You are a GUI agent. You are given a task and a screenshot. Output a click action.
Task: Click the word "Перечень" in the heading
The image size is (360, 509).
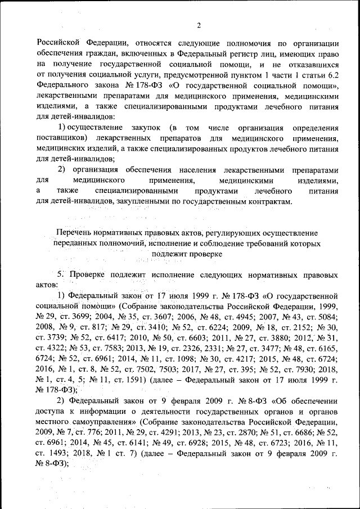point(77,232)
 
